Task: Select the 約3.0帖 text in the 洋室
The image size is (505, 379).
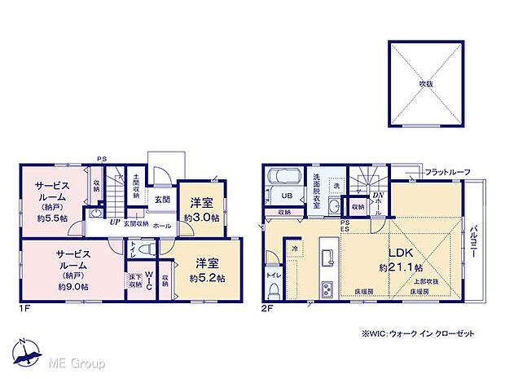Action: point(200,218)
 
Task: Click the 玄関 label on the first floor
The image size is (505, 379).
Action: point(160,199)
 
